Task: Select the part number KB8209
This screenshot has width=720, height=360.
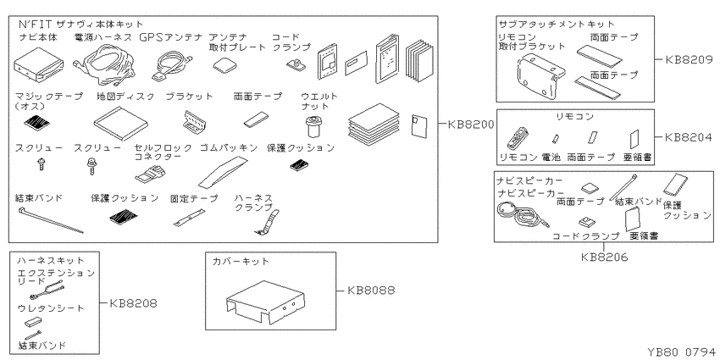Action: click(689, 59)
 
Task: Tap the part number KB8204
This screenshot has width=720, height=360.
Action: click(689, 137)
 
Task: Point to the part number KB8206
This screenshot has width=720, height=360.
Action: click(604, 258)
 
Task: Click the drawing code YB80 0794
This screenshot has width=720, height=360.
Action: click(681, 352)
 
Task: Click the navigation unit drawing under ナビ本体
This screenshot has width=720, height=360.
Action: click(37, 64)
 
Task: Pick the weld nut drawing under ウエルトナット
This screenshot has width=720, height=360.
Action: click(313, 126)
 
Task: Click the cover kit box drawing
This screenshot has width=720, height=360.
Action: click(266, 300)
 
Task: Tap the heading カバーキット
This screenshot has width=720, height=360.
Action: click(241, 262)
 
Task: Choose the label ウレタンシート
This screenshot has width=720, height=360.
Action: click(51, 308)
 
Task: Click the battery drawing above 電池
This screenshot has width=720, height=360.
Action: click(555, 138)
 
